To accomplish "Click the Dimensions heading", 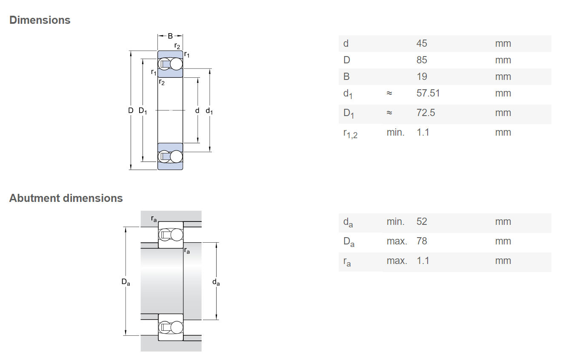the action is click(40, 20).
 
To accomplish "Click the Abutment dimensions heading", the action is click(66, 198).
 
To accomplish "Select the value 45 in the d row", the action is click(422, 43).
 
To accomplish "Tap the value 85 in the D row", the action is click(422, 60).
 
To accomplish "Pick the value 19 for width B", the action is click(422, 77).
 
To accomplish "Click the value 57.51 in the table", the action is click(428, 93).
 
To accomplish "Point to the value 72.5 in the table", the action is click(426, 113).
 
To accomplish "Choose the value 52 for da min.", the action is click(422, 221).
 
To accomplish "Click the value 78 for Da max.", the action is click(422, 241).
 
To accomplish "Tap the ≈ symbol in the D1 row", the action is click(389, 113).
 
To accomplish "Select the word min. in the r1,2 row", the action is click(395, 132).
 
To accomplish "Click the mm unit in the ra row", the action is click(503, 261).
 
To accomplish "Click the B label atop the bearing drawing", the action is click(170, 36).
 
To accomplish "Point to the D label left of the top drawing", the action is click(131, 110).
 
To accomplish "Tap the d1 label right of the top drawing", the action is click(209, 111).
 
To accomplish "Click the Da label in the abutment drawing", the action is click(126, 282).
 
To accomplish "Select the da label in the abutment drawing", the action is click(216, 282).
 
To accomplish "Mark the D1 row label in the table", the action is click(348, 113).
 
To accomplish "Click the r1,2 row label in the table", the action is click(350, 133).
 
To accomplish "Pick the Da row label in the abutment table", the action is click(349, 242).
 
